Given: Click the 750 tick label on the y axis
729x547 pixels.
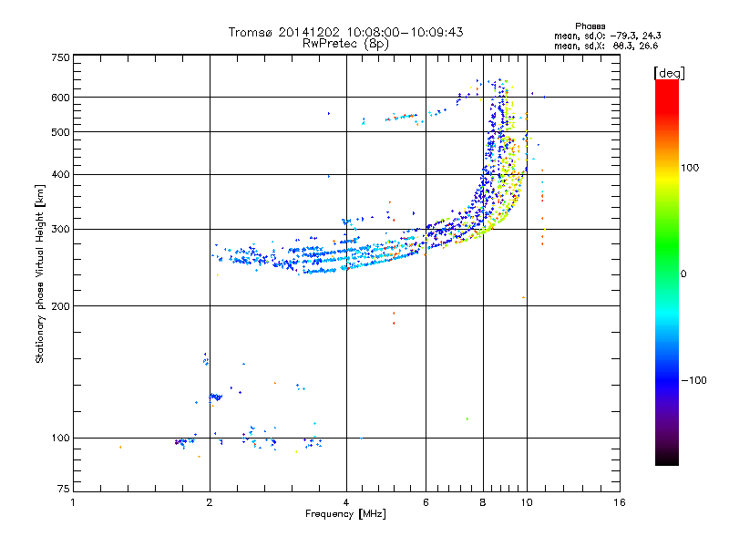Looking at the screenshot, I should point(60,57).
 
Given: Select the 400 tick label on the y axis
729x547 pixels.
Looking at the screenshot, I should point(60,174).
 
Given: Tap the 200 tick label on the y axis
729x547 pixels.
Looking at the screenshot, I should point(60,305).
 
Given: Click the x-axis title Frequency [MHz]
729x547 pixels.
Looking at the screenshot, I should point(346,515).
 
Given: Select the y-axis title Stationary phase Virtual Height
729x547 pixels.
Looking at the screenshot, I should point(40,273).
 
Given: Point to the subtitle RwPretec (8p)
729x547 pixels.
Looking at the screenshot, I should point(346,43).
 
